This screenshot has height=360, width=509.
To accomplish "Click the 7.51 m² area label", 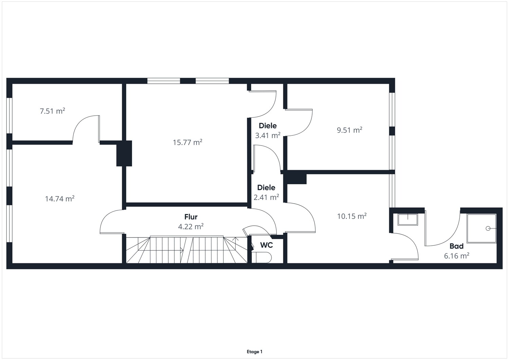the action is coord(53,111).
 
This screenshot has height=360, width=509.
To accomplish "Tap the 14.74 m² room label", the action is coord(60,198).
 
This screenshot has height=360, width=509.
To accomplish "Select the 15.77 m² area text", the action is coord(187,142).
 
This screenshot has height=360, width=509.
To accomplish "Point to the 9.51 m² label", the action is coord(350,130).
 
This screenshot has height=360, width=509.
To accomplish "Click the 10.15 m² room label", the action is coord(352,216).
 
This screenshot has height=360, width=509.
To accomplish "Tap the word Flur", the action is coord(191,217).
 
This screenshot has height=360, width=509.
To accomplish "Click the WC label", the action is coord(266,245).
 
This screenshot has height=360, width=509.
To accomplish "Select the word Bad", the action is coord(456,246).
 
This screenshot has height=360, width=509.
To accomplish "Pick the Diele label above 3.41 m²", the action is coord(268,126).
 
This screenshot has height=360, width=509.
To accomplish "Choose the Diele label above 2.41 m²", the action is coord(266,188).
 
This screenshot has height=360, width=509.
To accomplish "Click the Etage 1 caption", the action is coord(254,352).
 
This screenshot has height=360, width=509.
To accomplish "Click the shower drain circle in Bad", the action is coord(488,228).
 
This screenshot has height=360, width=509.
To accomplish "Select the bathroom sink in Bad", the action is coord(408,220).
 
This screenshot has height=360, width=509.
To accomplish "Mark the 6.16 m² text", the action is coord(457,256).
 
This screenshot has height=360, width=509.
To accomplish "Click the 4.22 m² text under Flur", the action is coord(191,227).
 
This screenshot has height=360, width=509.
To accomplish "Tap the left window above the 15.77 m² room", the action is coord(164,81).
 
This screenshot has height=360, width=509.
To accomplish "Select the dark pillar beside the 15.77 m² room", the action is coord(124,153).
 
